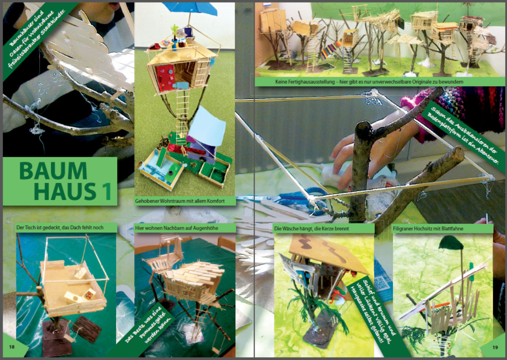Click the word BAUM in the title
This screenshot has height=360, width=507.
tap(53, 171)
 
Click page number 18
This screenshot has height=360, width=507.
tap(11, 347)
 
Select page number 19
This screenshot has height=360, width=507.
tap(495, 347)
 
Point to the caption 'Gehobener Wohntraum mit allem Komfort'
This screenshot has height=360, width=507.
tap(180, 201)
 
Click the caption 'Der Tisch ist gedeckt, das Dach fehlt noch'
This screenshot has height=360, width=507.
tap(60, 227)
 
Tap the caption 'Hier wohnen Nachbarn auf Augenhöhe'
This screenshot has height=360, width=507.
tap(176, 228)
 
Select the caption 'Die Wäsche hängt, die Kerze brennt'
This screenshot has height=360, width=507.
tap(311, 228)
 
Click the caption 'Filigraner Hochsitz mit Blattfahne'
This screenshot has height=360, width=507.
tap(428, 229)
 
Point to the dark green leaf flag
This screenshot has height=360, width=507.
tap(451, 243)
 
